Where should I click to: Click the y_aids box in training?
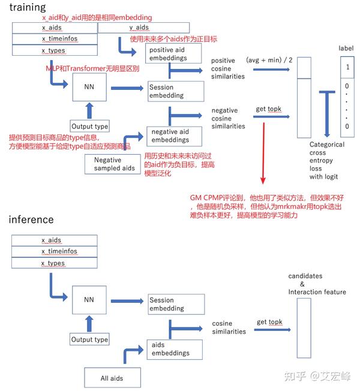pos(143,28)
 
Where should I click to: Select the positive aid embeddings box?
pos(173,53)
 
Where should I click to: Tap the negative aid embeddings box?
pos(175,136)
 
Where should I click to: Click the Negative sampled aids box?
pos(113,164)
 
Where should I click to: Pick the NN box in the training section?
pos(89,87)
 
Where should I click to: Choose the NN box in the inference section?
pos(89,300)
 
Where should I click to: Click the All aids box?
pos(112,378)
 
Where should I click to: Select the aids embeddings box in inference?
pos(175,350)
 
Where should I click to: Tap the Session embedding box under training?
pos(176,91)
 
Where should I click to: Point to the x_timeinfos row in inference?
pos(55,252)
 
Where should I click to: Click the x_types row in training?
pos(55,50)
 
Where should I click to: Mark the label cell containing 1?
pos(347,67)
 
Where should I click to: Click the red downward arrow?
pos(263,153)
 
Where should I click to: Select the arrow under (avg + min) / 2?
pos(271,70)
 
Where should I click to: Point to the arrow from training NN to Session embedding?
pos(127,88)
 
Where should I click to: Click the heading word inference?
pos(31,219)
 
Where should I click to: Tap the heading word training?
pos(28,7)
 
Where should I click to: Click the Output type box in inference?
pos(89,339)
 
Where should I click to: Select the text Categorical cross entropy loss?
pos(327,157)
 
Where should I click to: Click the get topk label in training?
pos(269,109)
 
